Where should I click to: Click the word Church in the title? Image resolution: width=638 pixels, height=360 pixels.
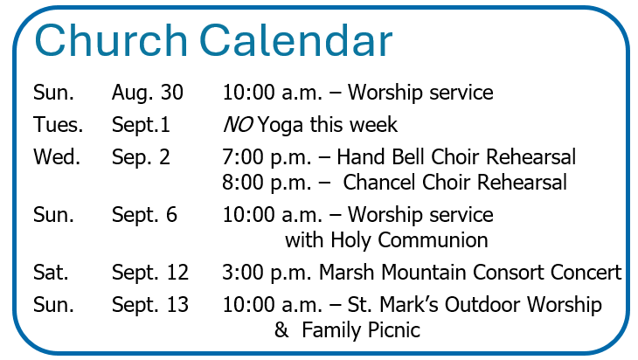pyautogui.click(x=111, y=40)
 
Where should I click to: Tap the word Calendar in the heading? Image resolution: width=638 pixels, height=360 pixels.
pyautogui.click(x=295, y=40)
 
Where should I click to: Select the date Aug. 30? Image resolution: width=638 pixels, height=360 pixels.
pyautogui.click(x=148, y=93)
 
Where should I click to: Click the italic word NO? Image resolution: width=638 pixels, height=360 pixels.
pyautogui.click(x=238, y=124)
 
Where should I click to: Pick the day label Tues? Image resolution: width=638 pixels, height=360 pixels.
pyautogui.click(x=59, y=124)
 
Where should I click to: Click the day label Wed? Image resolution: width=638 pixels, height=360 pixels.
pyautogui.click(x=57, y=157)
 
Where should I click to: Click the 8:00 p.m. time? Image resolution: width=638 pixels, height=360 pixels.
pyautogui.click(x=267, y=183)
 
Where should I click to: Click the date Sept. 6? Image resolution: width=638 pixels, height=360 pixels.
pyautogui.click(x=144, y=216)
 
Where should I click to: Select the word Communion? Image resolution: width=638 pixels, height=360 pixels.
pyautogui.click(x=433, y=240)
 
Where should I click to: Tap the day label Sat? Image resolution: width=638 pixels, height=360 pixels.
pyautogui.click(x=51, y=272)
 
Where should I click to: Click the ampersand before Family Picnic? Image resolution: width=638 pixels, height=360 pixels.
pyautogui.click(x=281, y=330)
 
